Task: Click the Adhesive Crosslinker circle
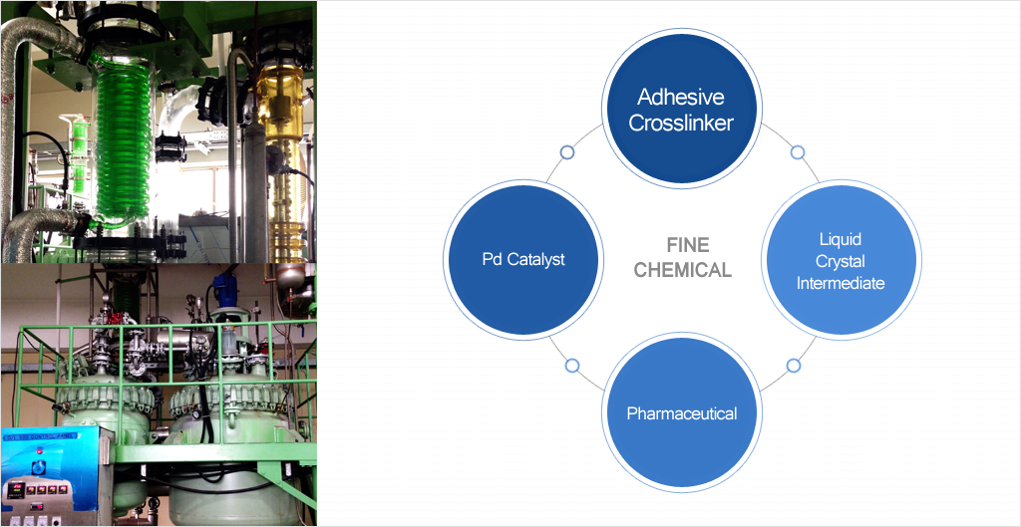[682, 110]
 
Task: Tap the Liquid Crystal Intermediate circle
[840, 261]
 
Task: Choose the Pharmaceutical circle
[682, 413]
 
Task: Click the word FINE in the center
[686, 244]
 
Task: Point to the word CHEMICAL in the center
[682, 270]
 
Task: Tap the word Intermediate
[840, 283]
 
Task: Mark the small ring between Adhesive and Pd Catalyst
[567, 152]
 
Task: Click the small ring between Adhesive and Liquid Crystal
[797, 152]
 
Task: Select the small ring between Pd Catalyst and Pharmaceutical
[572, 366]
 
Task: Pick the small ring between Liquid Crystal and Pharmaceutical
[793, 366]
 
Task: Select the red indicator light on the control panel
[19, 488]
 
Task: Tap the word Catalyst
[538, 259]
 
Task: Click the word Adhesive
[681, 98]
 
